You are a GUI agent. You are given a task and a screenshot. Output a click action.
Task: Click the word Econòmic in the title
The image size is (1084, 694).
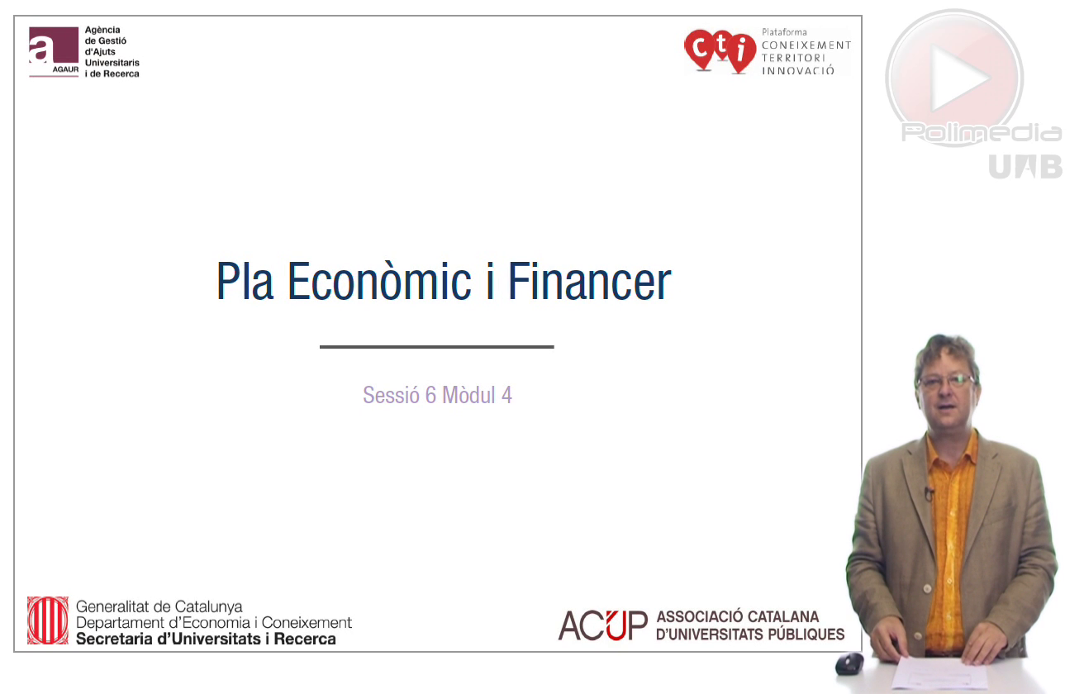(x=379, y=281)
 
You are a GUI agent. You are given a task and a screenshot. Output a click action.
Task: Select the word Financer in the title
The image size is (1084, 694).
(x=589, y=281)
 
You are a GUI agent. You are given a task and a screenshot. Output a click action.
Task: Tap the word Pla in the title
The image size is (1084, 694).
(x=245, y=281)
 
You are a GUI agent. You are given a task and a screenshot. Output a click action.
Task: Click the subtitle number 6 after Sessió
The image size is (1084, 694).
(x=430, y=395)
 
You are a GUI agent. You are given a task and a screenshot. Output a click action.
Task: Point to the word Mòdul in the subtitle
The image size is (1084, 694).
(x=469, y=395)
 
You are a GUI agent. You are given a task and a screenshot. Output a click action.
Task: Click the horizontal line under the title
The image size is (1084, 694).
(x=436, y=346)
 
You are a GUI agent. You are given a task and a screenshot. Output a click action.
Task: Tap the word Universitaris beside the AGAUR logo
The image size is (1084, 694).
(x=112, y=63)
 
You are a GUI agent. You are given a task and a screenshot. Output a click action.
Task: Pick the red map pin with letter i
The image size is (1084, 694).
(x=740, y=53)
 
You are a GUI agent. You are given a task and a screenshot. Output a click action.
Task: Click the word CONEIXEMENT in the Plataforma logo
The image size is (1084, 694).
(x=806, y=45)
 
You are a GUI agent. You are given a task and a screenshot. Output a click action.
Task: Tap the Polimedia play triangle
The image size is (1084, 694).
(x=958, y=78)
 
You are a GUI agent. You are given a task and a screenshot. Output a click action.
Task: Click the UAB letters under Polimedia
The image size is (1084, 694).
(x=1025, y=167)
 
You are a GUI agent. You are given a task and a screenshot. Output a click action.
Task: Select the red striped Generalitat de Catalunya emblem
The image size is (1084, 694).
(x=48, y=620)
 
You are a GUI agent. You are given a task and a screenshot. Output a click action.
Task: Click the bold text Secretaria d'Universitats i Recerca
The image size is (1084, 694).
(x=206, y=639)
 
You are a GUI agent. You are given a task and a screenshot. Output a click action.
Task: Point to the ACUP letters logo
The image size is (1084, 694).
(x=602, y=625)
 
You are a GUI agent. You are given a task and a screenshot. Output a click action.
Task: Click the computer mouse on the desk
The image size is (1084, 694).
(x=849, y=663)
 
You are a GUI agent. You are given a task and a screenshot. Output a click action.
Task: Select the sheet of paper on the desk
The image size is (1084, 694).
(x=939, y=673)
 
